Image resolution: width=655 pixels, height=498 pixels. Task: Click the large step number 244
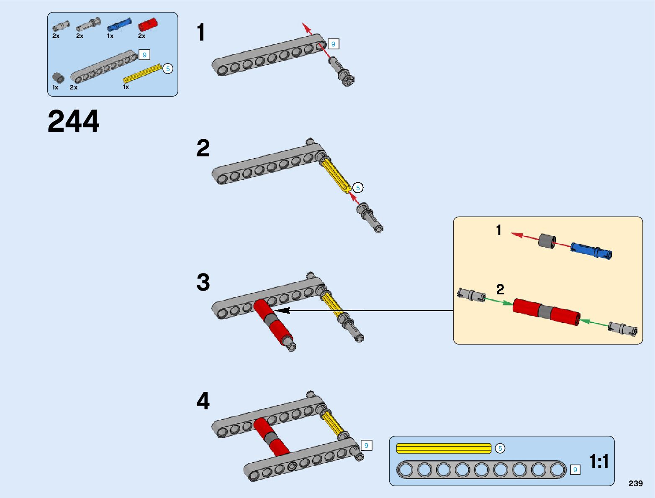pos(73,121)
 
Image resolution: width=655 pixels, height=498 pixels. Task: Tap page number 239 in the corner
pos(635,483)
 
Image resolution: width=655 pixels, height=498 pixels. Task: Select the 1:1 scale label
pos(599,461)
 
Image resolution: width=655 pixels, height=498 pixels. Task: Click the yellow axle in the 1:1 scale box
pos(444,448)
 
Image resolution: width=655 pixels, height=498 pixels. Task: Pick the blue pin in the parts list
pos(119,25)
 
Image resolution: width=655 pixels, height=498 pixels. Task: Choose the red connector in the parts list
pos(148,24)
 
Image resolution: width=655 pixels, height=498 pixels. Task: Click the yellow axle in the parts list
pos(142,73)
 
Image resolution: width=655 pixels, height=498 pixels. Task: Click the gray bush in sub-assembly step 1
pos(547,241)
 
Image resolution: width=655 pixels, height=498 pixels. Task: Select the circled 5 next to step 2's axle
pos(358,188)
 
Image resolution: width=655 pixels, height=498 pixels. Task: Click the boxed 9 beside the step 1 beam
pos(333,44)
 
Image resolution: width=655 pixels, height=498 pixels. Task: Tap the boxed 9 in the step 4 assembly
pos(367,446)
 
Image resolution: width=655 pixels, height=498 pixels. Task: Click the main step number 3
pos(203,282)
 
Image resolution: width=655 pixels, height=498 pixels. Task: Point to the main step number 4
pos(203,401)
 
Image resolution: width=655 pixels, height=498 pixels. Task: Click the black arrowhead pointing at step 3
pos(282,311)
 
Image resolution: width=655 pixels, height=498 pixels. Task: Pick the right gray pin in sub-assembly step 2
pos(623,328)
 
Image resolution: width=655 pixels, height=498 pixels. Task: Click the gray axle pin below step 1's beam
pos(342,72)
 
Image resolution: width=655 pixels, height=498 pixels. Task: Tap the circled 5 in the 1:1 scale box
pos(500,448)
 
